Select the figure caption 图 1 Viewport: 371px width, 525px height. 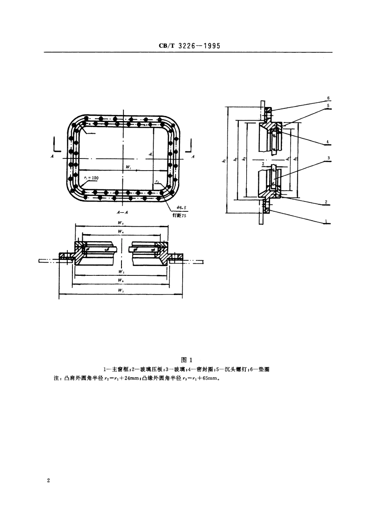(186, 360)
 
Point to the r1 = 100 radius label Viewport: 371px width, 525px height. (91, 178)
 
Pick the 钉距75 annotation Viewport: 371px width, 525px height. (179, 216)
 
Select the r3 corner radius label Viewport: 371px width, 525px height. (157, 181)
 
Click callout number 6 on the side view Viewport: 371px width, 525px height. (328, 98)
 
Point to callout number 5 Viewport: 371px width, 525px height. (328, 106)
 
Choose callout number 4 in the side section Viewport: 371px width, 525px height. (328, 141)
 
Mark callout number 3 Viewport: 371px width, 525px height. (329, 158)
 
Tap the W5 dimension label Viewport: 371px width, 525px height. (121, 223)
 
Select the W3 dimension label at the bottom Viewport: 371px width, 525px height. (121, 290)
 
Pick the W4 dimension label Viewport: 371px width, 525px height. (121, 231)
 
